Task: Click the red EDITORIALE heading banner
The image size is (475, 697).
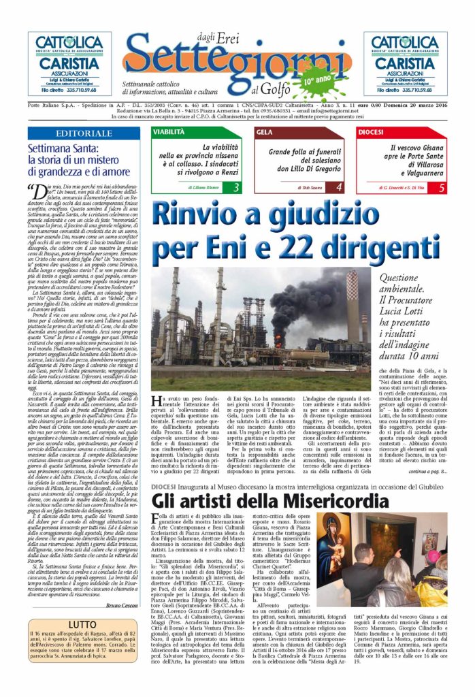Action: pos(84,134)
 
